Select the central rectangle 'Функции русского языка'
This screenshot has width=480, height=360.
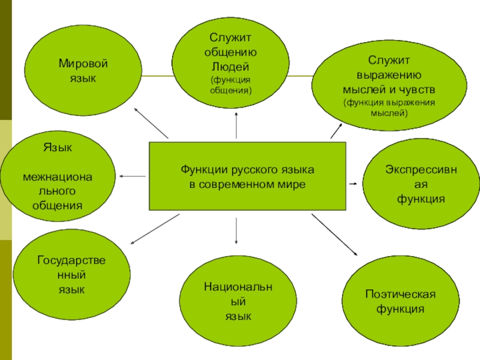click(247, 176)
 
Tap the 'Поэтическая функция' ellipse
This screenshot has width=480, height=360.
click(400, 300)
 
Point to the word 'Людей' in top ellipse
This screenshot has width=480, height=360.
click(230, 66)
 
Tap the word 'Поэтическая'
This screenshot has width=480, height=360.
click(400, 294)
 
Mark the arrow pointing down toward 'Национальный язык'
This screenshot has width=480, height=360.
click(237, 231)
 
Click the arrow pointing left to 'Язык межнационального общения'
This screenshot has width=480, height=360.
click(132, 176)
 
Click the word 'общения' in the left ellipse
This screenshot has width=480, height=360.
click(57, 205)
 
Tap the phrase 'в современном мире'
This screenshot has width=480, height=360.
click(247, 184)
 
